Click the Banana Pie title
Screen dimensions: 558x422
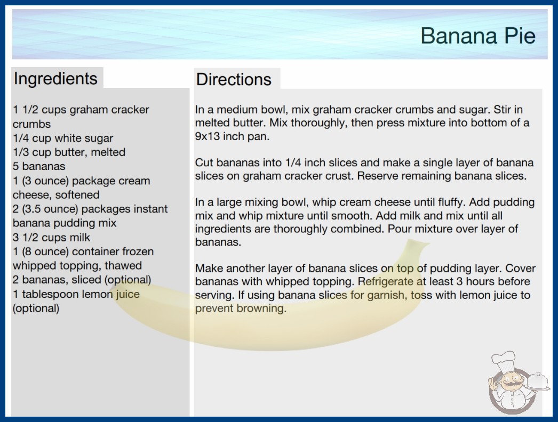click(x=478, y=36)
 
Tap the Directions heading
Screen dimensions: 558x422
click(x=234, y=79)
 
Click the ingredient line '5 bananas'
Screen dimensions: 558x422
click(x=39, y=166)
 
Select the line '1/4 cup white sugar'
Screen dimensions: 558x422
click(x=63, y=138)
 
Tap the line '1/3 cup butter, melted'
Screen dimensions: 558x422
click(x=69, y=152)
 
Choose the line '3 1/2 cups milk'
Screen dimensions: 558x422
click(x=52, y=237)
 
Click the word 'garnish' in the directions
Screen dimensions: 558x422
click(x=387, y=295)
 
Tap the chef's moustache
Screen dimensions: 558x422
click(x=509, y=383)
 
